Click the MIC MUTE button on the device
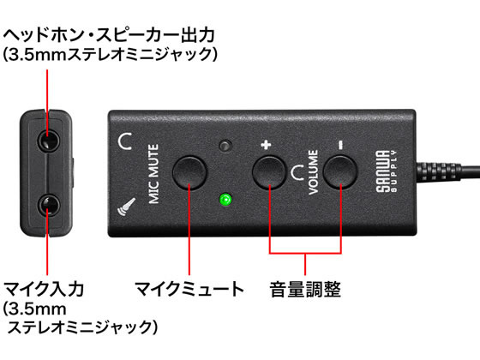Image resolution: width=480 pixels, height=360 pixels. [x=189, y=172]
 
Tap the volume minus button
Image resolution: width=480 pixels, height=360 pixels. [x=340, y=172]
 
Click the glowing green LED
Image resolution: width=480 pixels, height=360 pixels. [x=225, y=200]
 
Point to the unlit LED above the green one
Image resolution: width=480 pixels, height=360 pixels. [x=225, y=146]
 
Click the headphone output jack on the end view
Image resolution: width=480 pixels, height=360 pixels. [x=48, y=141]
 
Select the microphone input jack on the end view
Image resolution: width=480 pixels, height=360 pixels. [x=48, y=205]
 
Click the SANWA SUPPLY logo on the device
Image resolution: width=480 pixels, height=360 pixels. [x=387, y=171]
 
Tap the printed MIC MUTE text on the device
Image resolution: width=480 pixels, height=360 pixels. [x=154, y=174]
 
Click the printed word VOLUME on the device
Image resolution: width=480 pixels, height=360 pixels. [x=313, y=172]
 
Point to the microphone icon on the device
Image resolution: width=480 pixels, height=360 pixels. [x=127, y=207]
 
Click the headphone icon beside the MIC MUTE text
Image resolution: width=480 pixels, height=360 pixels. [x=125, y=141]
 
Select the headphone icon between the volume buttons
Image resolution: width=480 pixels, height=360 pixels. [x=297, y=172]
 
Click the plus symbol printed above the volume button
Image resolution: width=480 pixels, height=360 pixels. [x=266, y=145]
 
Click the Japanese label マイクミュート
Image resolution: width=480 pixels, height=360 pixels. [x=189, y=289]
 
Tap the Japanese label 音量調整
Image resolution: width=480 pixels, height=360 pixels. [x=305, y=289]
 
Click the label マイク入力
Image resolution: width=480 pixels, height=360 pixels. [x=43, y=289]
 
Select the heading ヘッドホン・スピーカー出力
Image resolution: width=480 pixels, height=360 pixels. [x=109, y=35]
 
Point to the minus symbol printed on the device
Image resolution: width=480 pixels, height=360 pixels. [x=340, y=145]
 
